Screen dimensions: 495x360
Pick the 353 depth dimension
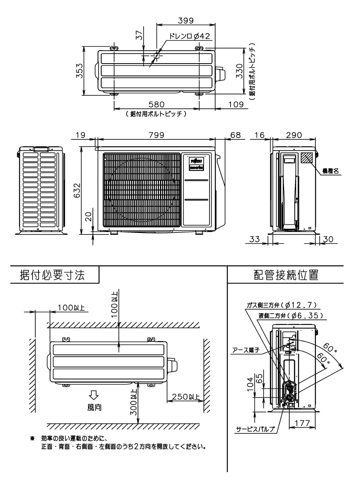point(80,71)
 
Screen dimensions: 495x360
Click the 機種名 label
point(330,171)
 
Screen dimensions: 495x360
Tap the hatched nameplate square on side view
point(307,157)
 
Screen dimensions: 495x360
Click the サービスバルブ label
point(256,429)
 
